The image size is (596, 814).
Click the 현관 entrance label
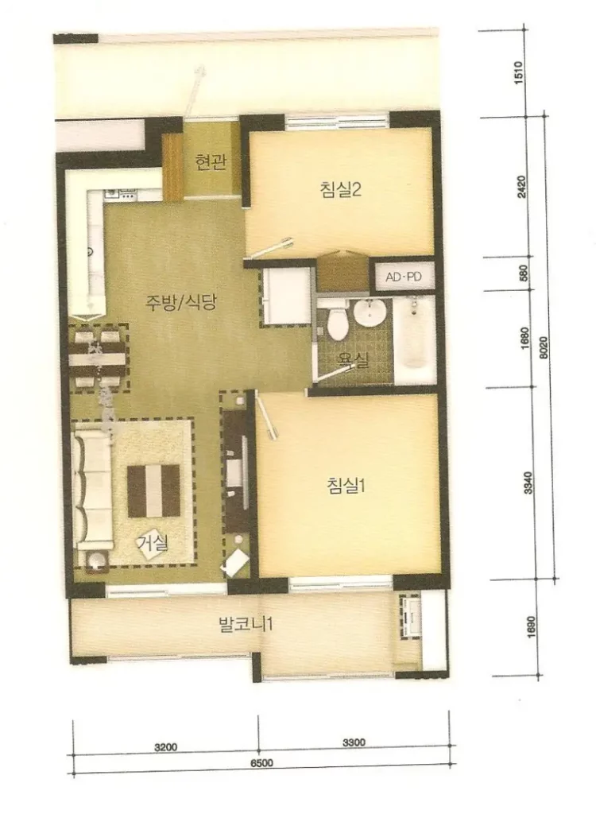click(211, 161)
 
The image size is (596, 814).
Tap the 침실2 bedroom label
click(341, 188)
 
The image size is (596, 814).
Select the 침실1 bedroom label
click(346, 486)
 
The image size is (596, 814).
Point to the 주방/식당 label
click(180, 302)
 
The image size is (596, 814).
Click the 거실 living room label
click(153, 543)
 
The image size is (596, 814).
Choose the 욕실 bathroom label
click(352, 359)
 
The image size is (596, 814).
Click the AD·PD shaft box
click(404, 277)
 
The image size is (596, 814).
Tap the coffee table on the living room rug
click(153, 490)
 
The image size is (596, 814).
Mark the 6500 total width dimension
click(262, 762)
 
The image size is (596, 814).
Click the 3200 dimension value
click(165, 747)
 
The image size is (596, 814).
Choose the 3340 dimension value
click(528, 483)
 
